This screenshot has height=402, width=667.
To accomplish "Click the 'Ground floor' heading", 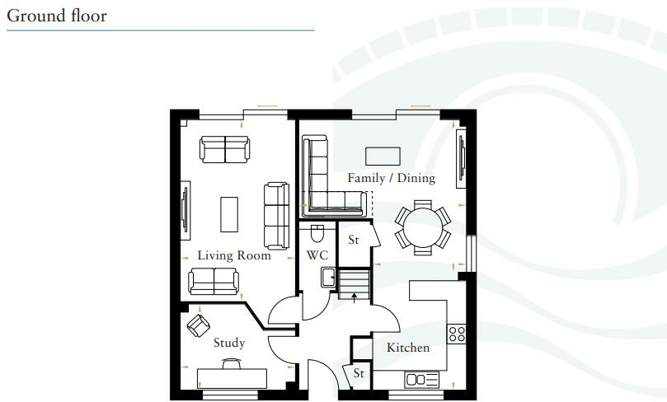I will click(57, 16).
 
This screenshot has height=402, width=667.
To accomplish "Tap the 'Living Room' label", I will click(234, 255).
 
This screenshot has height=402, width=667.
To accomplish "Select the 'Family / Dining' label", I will click(391, 178).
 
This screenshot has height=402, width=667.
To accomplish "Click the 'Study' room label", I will click(228, 343).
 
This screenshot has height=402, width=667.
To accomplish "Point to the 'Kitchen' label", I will click(408, 348).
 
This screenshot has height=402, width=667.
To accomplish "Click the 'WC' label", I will click(317, 255).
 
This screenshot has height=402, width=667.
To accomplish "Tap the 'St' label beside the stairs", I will click(354, 241).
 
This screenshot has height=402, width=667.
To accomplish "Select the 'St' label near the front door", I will click(359, 373).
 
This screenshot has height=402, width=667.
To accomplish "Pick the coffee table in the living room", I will click(229, 214).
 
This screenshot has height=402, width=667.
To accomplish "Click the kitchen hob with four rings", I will click(456, 334).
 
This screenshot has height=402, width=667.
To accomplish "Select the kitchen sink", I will click(422, 379).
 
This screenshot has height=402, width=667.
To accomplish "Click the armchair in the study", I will click(198, 325).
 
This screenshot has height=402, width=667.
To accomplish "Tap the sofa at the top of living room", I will click(224, 149).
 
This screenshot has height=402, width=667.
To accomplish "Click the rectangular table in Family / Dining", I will click(383, 155).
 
